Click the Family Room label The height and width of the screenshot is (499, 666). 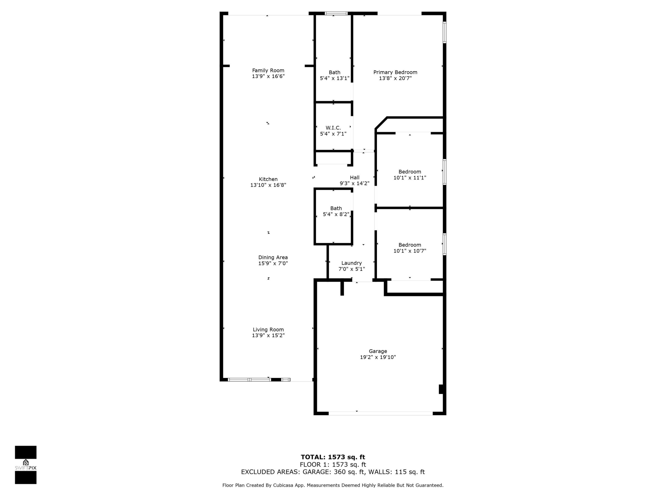tap(268, 70)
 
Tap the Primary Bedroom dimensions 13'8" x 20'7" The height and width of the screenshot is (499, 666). tap(395, 78)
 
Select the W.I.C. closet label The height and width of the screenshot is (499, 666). tap(333, 128)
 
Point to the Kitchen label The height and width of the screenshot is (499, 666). tap(268, 179)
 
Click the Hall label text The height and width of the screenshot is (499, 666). tap(354, 177)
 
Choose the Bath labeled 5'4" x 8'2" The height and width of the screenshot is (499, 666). tap(336, 211)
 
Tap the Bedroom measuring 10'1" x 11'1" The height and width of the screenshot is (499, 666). tap(410, 174)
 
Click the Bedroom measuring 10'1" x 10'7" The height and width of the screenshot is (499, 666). tap(410, 248)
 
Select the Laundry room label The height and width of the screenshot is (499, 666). tap(351, 263)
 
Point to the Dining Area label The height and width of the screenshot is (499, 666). tap(273, 258)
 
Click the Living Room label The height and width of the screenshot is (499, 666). tap(268, 330)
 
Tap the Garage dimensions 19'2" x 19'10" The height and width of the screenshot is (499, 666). tap(378, 357)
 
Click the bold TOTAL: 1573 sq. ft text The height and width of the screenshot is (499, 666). tap(333, 457)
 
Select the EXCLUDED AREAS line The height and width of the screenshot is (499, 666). tap(333, 472)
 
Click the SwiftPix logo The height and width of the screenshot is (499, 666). tap(26, 465)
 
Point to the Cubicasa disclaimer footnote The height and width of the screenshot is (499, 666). tap(333, 485)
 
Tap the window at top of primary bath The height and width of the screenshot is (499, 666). tap(336, 13)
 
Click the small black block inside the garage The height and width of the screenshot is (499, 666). tap(441, 389)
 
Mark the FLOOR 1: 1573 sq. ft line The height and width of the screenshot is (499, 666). tap(333, 465)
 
